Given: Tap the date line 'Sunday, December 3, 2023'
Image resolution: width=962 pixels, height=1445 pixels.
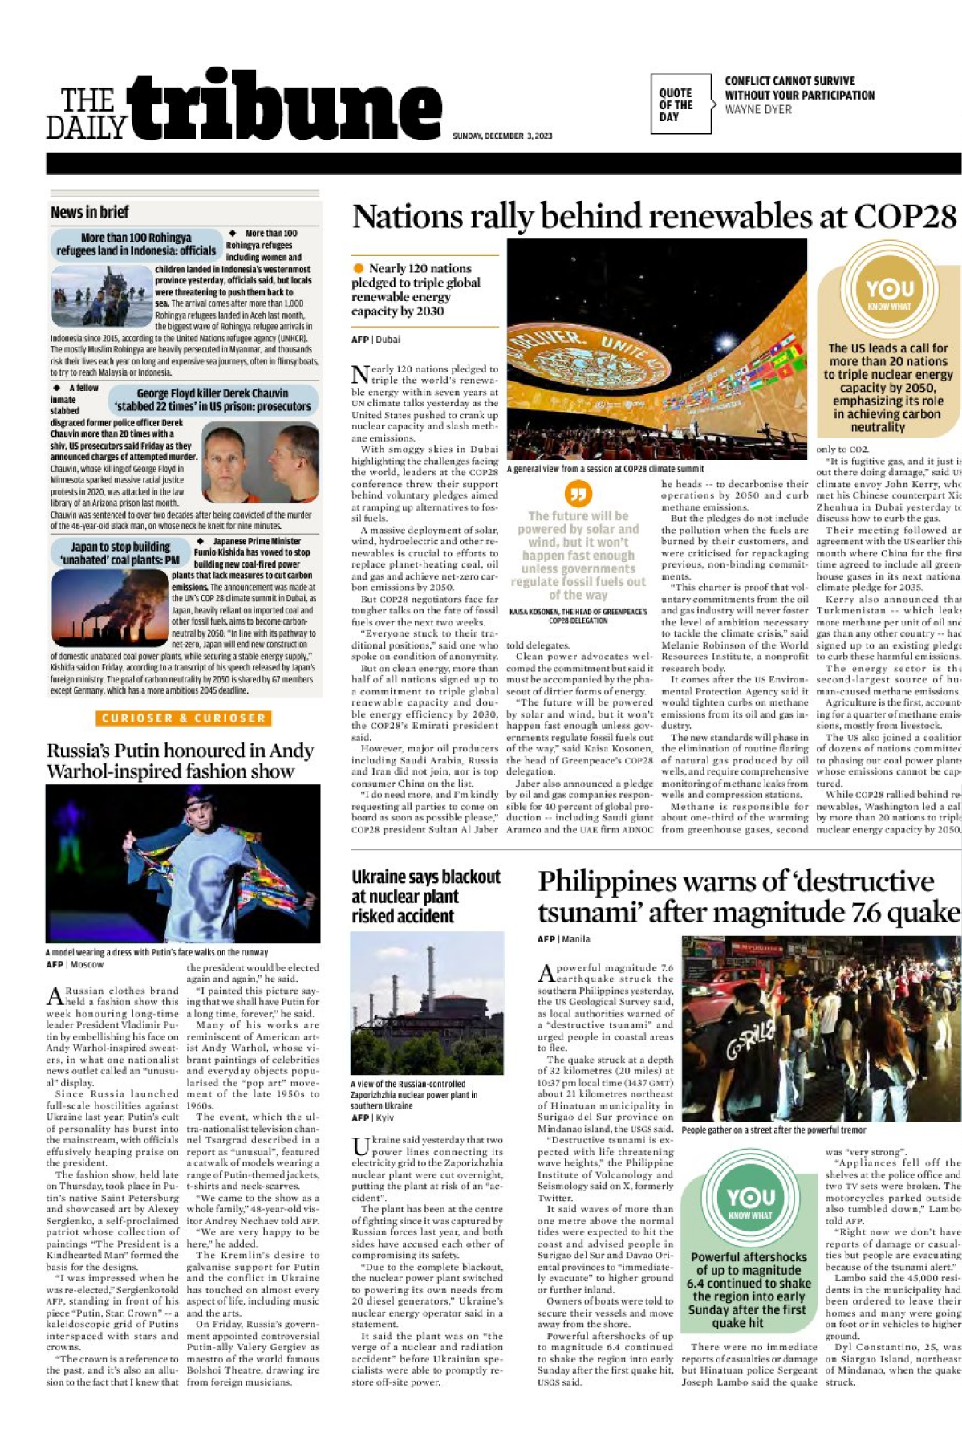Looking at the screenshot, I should point(502,136).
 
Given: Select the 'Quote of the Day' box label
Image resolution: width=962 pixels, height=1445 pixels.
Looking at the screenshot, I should point(676,104).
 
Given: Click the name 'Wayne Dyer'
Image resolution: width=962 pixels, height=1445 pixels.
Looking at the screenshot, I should point(757,109).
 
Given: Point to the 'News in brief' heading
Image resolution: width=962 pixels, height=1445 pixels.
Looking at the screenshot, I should point(90,212).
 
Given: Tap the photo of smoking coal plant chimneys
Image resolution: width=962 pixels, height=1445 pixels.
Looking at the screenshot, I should point(109,604).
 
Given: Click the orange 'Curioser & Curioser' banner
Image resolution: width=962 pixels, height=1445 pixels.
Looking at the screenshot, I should point(183,718).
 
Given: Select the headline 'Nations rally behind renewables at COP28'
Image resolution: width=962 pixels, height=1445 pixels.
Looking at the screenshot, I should point(654,217).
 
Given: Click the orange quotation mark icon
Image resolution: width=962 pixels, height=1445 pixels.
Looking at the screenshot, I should point(578,493).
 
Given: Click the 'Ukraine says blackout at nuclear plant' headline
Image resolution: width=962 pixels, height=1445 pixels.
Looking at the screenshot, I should point(425,896).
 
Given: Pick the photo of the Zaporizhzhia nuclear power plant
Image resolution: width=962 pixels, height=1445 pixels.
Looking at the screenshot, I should point(427,1003).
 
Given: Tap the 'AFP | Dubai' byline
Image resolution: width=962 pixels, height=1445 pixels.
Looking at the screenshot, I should point(375,340).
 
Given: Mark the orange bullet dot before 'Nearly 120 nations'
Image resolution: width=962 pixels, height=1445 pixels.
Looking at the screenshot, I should point(358,268).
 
